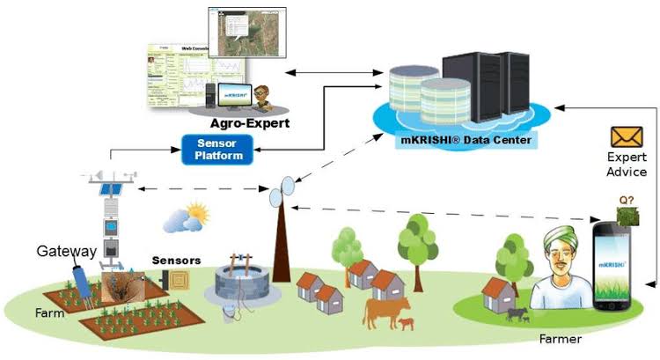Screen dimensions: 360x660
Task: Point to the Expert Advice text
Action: coord(627,165)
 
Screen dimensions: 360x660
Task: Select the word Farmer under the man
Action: coord(561,338)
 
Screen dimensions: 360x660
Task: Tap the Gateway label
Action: coord(66,252)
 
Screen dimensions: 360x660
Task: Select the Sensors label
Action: coord(176,261)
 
